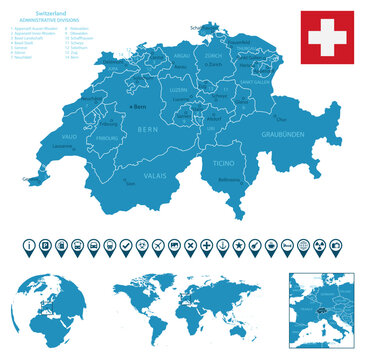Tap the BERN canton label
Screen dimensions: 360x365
[149, 129]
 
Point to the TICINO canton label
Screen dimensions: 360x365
[223, 160]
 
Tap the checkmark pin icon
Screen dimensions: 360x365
[126, 244]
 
